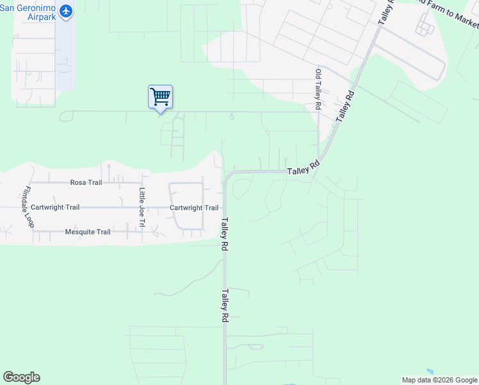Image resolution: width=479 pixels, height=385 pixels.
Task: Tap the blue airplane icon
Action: pyautogui.click(x=65, y=12)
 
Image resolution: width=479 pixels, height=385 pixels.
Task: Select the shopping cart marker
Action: pyautogui.click(x=160, y=98)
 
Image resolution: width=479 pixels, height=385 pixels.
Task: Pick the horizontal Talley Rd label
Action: pyautogui.click(x=303, y=170)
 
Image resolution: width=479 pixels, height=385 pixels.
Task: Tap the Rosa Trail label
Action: pyautogui.click(x=86, y=183)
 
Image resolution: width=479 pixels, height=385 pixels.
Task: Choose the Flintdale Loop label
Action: pyautogui.click(x=28, y=207)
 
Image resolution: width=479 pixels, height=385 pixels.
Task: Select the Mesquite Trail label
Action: pyautogui.click(x=88, y=232)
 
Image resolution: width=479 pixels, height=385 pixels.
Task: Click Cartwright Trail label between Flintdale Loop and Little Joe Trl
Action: pyautogui.click(x=55, y=207)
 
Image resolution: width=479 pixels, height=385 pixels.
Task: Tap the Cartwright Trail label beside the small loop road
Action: pyautogui.click(x=194, y=208)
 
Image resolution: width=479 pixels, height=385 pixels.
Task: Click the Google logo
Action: pyautogui.click(x=21, y=377)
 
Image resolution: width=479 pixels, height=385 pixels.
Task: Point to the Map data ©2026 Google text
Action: pyautogui.click(x=439, y=380)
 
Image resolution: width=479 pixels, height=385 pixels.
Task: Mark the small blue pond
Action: pyautogui.click(x=429, y=372)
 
